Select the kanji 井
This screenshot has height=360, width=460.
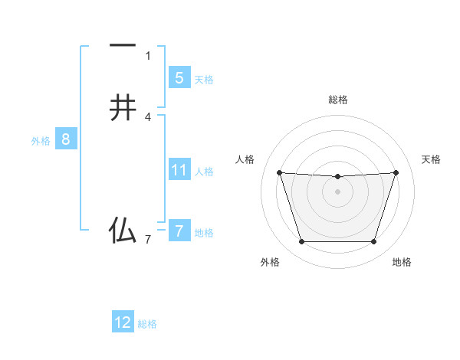pos(123,109)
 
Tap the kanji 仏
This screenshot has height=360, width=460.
pos(123,230)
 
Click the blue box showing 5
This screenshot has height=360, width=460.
pos(179,77)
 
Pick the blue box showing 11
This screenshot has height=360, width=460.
pos(179,170)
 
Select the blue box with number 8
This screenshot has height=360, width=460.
pos(66,139)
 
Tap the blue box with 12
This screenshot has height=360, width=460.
pos(123,322)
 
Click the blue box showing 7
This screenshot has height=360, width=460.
pos(179,231)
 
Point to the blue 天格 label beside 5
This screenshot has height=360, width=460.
pos(204,80)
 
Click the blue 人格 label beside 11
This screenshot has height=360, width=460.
pos(205,172)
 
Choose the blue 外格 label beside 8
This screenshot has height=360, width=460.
pos(41,141)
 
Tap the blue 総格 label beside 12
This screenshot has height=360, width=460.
pos(147,324)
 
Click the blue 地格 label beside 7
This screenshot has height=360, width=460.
pos(205,233)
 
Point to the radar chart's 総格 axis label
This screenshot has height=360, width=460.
pos(338,100)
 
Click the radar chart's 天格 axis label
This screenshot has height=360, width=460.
pos(431,159)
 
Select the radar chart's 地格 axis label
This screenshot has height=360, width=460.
pos(402,262)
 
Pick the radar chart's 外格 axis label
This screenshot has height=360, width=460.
pos(270,262)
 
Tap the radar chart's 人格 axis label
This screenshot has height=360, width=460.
pos(245,159)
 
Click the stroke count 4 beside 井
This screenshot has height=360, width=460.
pos(148,117)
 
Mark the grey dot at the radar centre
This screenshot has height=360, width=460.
pos(337,191)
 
